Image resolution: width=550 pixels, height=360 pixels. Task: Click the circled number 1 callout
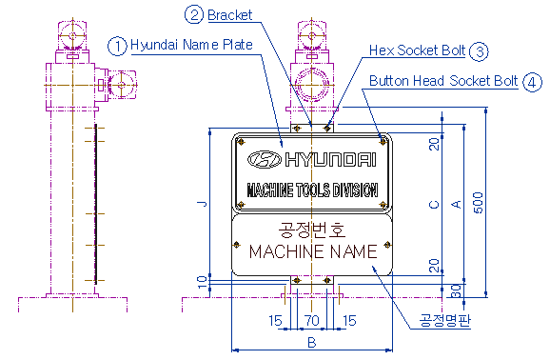click(117, 46)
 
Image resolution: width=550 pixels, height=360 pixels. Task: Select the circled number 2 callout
click(194, 14)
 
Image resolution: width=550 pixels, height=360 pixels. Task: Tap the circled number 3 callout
click(479, 51)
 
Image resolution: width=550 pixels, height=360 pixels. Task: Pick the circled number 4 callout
click(532, 82)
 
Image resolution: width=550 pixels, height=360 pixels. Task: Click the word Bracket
click(229, 15)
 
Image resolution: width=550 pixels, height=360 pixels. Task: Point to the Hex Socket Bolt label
click(417, 50)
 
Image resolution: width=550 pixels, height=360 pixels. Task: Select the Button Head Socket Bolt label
click(443, 81)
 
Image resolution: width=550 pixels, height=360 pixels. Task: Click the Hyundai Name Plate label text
click(191, 45)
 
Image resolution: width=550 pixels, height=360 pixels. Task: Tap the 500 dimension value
click(478, 203)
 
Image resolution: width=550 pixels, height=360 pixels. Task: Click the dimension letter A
click(456, 204)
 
